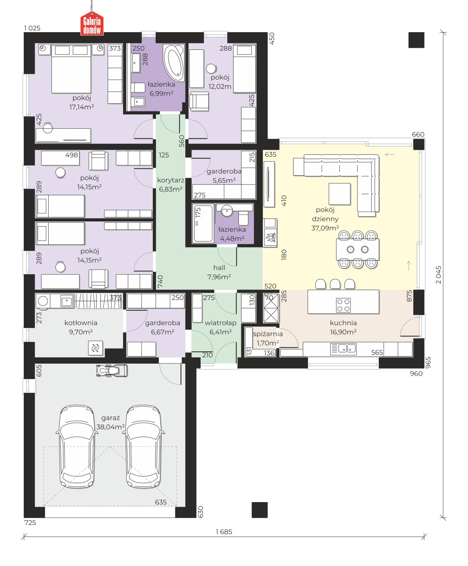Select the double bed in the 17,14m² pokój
pyautogui.click(x=71, y=69)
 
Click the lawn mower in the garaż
pyautogui.click(x=112, y=370)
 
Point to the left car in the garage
pyautogui.click(x=77, y=447)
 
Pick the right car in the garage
pyautogui.click(x=143, y=447)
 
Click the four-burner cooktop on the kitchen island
pyautogui.click(x=343, y=305)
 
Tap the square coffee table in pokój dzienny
pyautogui.click(x=339, y=194)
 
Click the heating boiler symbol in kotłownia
pyautogui.click(x=95, y=348)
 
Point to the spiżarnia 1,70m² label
pyautogui.click(x=268, y=338)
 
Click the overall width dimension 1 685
pyautogui.click(x=224, y=531)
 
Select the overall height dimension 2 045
pyautogui.click(x=438, y=275)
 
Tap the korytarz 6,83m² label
pyautogui.click(x=170, y=185)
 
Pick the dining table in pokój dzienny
pyautogui.click(x=358, y=249)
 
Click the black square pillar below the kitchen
pyautogui.click(x=259, y=510)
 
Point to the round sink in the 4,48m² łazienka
pyautogui.click(x=227, y=211)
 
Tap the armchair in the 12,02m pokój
pyautogui.click(x=199, y=101)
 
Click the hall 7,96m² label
pyautogui.click(x=219, y=272)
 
